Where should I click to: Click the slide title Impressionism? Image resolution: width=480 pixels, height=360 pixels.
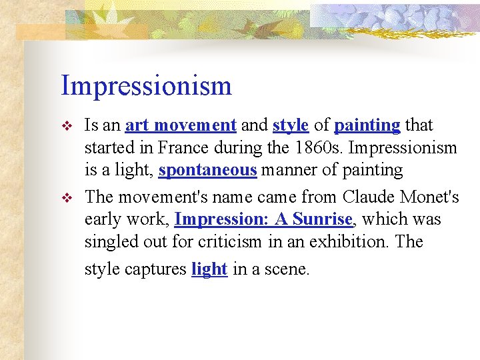point(146,86)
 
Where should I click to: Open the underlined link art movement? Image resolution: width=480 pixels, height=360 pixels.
point(181,125)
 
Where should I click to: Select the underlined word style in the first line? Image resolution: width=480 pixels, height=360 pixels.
point(290,125)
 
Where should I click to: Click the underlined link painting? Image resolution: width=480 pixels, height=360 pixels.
point(367,125)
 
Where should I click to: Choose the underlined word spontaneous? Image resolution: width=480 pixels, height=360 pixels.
point(207,170)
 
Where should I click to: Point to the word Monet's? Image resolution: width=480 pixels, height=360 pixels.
point(433,197)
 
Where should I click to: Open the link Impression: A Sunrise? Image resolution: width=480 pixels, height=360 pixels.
point(263,219)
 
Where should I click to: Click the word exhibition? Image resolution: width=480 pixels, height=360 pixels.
point(351,241)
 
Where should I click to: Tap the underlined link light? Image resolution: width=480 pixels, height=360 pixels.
point(209,269)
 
